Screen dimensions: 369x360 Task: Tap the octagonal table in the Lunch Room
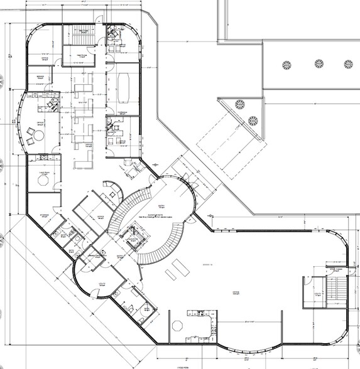click(x=43, y=179)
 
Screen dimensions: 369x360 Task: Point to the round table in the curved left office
click(x=36, y=135)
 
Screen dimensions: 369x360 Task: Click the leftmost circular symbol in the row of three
click(x=288, y=64)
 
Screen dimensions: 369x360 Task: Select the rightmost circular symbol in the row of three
click(x=348, y=64)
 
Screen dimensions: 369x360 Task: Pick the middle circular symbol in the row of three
click(x=319, y=64)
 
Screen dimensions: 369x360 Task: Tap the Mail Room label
click(x=80, y=55)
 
